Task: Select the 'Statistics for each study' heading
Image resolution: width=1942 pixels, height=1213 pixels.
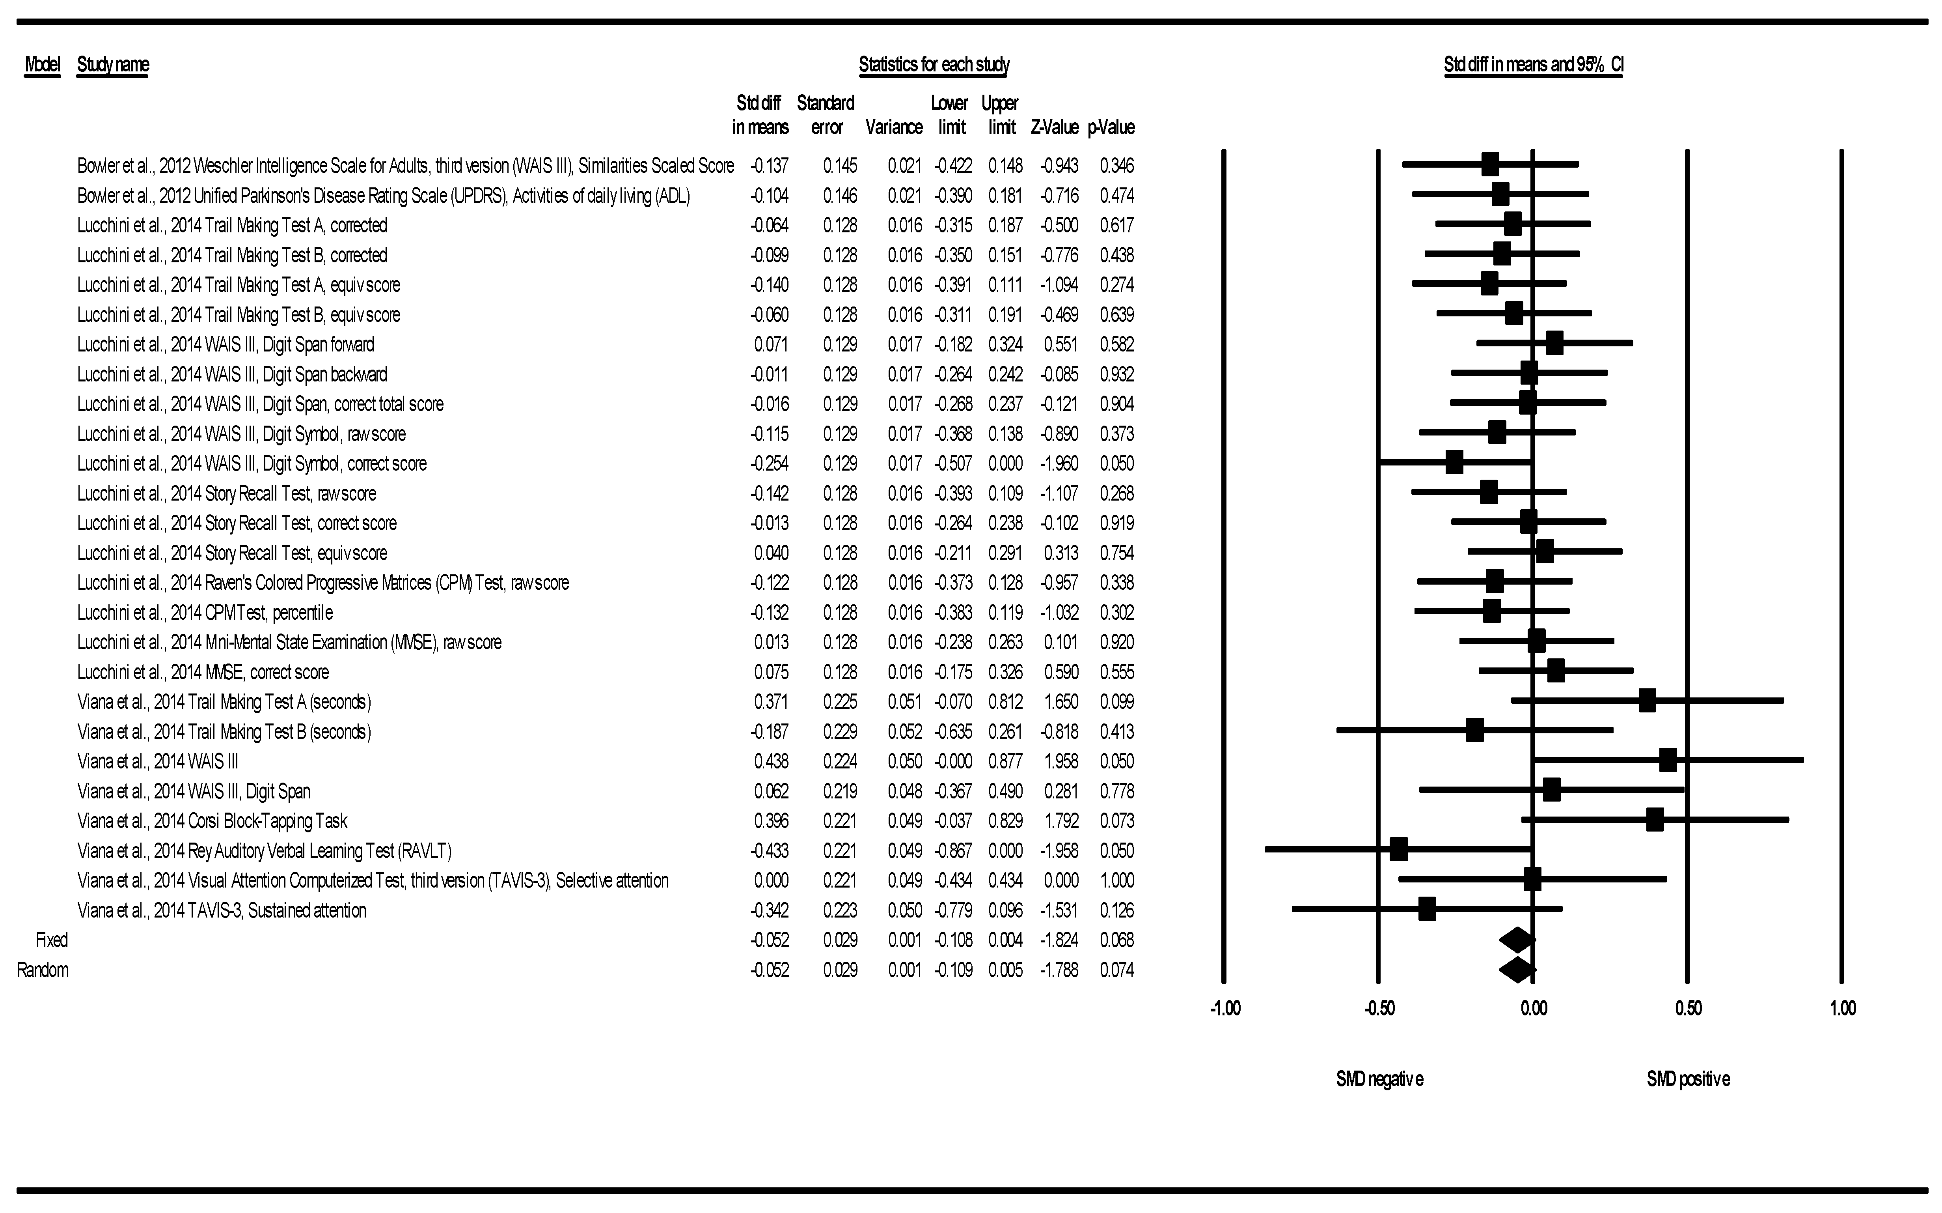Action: pos(933,64)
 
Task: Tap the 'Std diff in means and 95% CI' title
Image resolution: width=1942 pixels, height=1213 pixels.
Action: pos(1533,64)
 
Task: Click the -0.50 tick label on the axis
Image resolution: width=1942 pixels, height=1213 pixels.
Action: pos(1379,1008)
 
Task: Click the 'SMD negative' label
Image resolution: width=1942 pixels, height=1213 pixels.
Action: pos(1379,1079)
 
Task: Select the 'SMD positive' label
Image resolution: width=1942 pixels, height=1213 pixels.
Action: pos(1688,1079)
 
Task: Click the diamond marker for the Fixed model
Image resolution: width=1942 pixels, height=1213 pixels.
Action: pos(1517,940)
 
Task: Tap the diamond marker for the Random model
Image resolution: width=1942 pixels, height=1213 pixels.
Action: pos(1517,970)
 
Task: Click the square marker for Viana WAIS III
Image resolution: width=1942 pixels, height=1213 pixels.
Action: pos(1668,761)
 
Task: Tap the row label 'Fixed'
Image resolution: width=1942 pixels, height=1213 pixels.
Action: pos(51,940)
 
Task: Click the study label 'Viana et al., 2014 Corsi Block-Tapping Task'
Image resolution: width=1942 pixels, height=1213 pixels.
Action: pos(212,821)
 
